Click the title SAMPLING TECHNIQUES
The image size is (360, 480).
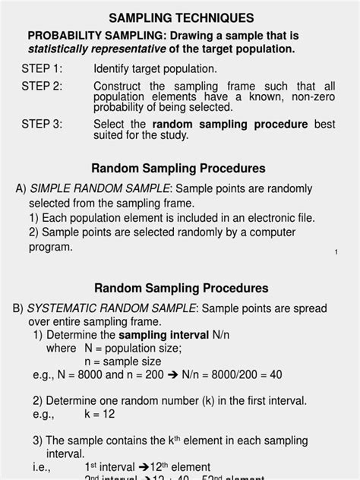click(179, 17)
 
